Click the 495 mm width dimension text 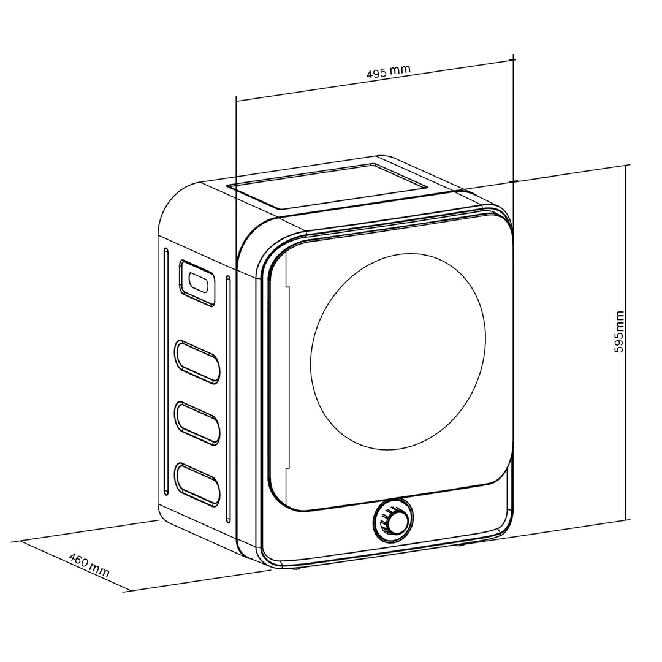388,71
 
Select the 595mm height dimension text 619,331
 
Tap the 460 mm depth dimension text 89,566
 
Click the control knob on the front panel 393,522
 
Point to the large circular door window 398,350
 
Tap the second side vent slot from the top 197,362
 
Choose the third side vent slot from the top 197,422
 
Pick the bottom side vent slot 197,484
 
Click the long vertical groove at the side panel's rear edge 165,371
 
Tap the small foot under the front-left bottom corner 296,568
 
